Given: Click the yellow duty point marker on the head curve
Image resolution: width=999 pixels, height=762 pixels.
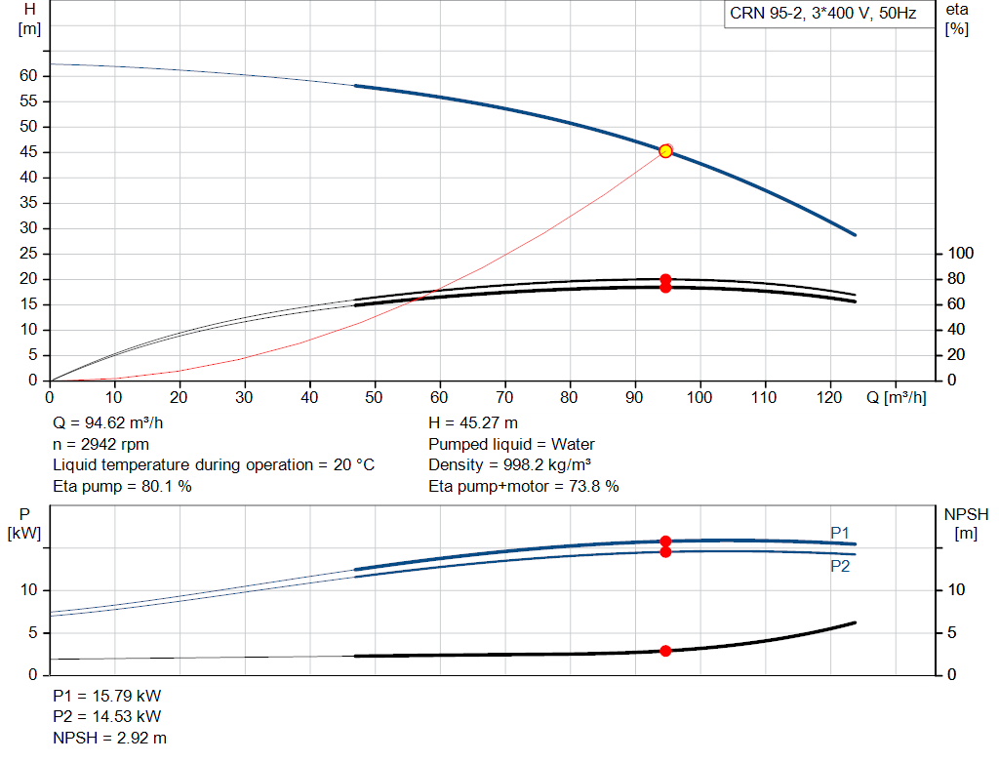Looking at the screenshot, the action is pos(665,151).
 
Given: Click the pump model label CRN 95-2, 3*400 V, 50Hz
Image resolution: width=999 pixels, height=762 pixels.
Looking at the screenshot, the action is pos(822,14).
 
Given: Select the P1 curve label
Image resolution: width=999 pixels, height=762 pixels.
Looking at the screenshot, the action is pos(840,533).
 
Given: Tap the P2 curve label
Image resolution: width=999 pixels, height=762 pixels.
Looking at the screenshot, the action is pos(840,567).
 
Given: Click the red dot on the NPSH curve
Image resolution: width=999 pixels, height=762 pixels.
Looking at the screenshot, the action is pos(665,651).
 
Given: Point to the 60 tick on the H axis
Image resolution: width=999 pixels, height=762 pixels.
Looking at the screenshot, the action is pos(28,76).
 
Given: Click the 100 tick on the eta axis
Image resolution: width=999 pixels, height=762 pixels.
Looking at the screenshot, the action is pos(961,254).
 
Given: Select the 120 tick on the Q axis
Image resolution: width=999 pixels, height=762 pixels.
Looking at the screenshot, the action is pos(829,397).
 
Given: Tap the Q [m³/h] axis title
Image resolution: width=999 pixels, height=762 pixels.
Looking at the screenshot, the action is pos(897,397).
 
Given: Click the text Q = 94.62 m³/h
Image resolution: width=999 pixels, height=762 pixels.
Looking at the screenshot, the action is pos(108,423).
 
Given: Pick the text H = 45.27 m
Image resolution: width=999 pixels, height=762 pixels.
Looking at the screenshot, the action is pos(473,423).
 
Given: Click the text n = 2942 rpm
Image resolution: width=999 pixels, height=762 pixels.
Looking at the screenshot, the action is pos(100,444).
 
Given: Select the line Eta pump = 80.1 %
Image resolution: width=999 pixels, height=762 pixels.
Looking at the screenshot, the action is pos(122,486).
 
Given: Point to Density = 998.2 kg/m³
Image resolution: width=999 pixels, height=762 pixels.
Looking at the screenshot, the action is pos(509,465).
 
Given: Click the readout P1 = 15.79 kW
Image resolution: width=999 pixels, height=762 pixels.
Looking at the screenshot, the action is pos(107,696).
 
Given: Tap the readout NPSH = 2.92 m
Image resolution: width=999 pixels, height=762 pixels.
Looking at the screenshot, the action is pos(109,738).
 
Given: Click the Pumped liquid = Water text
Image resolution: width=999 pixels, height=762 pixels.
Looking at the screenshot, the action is pos(511,444).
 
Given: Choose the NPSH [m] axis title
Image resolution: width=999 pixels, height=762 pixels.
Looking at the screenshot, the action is pos(966,524).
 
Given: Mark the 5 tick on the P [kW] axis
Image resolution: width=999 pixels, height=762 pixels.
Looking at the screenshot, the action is pos(33,632).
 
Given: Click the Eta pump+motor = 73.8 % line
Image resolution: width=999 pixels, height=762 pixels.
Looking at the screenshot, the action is pos(524,486).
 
